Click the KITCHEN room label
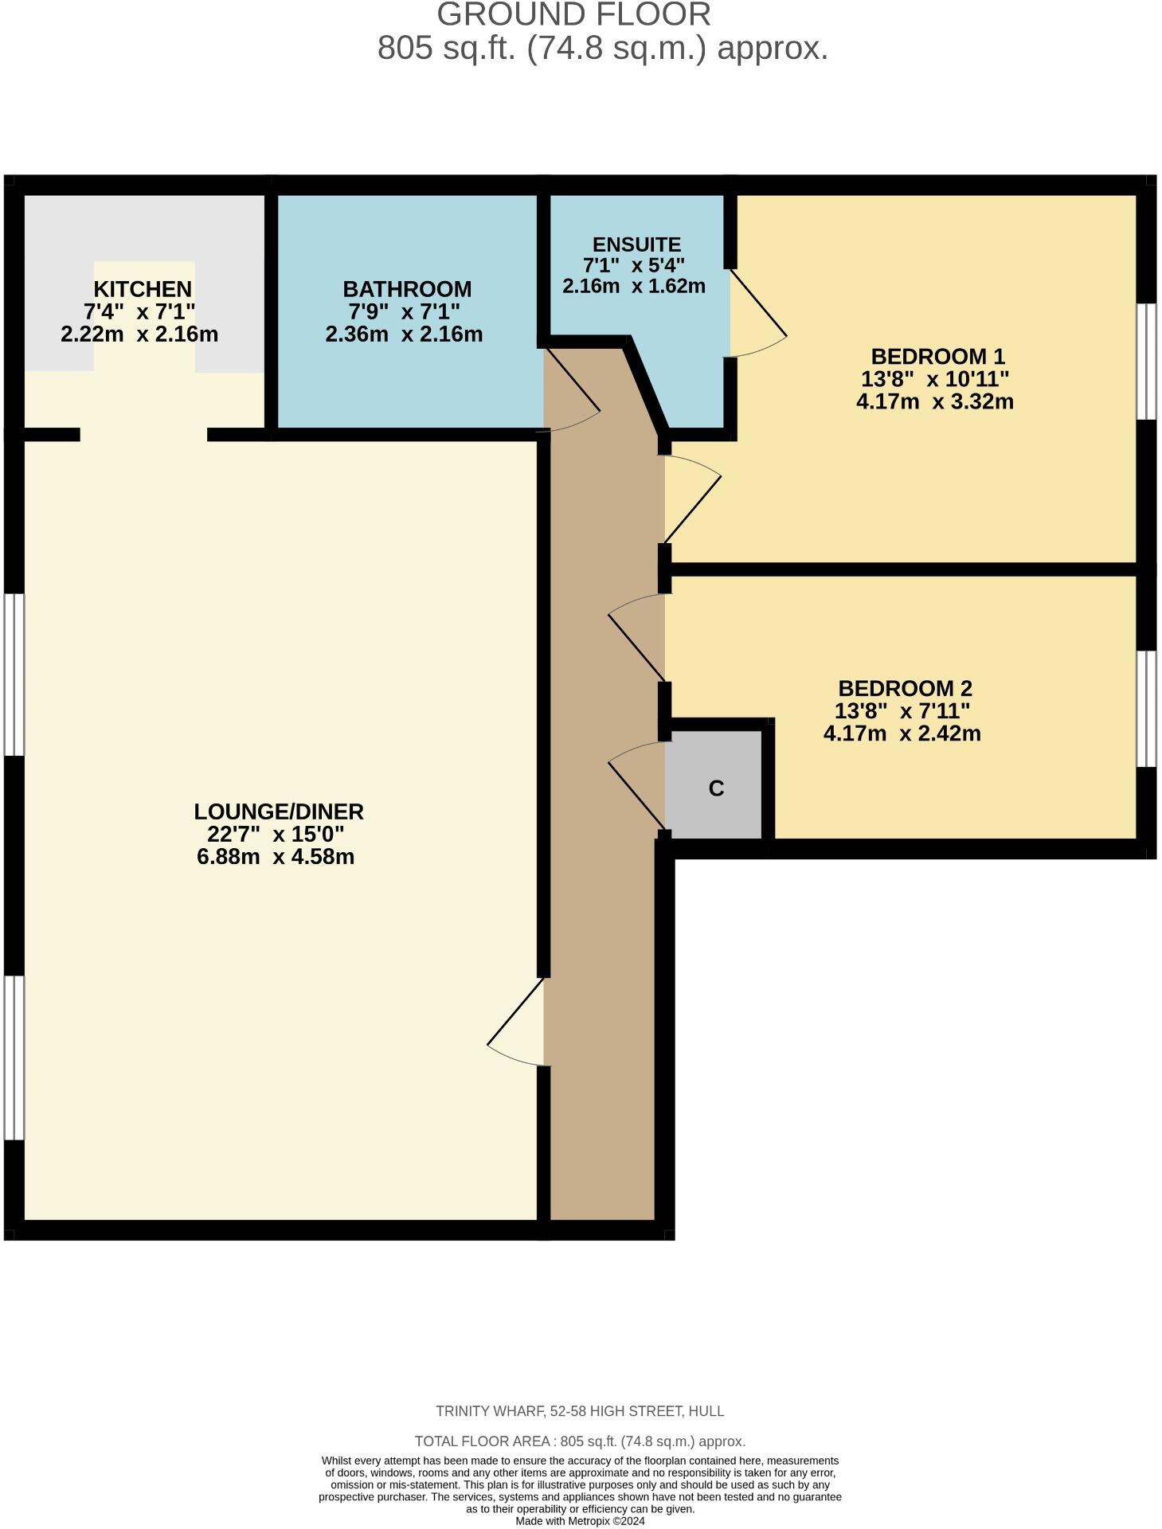coord(143,289)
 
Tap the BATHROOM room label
coord(407,289)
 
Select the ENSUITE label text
coord(636,244)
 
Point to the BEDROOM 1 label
coord(937,356)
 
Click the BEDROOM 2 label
coord(905,688)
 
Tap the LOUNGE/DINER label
coord(279,811)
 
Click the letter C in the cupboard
coord(716,788)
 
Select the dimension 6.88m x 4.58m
coord(276,857)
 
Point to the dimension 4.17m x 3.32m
coord(935,401)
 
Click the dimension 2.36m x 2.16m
coord(404,334)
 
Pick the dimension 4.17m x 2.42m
coord(902,733)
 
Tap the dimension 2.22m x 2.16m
coord(139,334)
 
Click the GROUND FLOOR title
coord(573,15)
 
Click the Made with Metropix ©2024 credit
coord(580,1521)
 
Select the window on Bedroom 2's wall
coord(1146,708)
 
